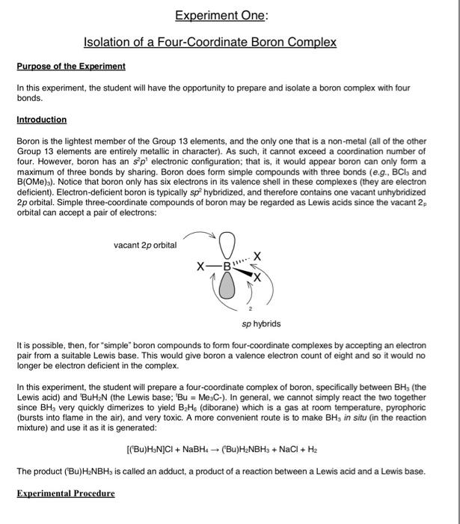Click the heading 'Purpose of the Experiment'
pos(71,67)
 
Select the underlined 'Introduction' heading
pos(41,120)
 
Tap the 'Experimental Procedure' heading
pos(66,494)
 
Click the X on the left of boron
pos(200,266)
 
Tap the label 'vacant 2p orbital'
pos(145,245)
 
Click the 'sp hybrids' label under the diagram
pos(261,324)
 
